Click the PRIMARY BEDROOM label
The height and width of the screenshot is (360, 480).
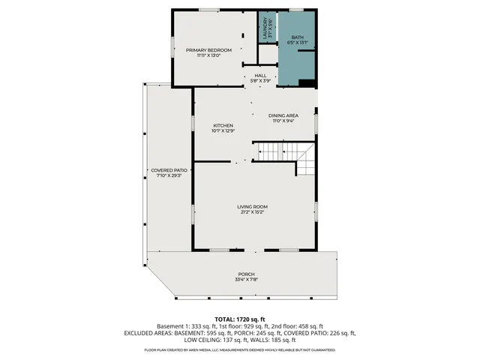click(x=209, y=49)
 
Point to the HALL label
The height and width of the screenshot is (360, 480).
click(x=260, y=75)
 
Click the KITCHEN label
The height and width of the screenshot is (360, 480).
click(x=223, y=125)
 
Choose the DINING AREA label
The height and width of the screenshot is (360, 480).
click(x=284, y=115)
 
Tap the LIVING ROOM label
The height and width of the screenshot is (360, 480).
click(x=253, y=206)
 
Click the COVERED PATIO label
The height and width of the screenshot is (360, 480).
click(x=169, y=170)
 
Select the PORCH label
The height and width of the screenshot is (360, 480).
click(x=247, y=274)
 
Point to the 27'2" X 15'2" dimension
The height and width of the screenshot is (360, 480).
click(x=253, y=212)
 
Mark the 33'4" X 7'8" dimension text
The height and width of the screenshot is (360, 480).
click(x=247, y=280)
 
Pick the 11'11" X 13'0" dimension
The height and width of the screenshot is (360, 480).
click(x=209, y=55)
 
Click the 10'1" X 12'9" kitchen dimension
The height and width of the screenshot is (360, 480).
click(x=223, y=131)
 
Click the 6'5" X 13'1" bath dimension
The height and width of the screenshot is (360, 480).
click(x=298, y=42)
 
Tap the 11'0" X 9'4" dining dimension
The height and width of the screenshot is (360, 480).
click(x=284, y=121)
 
